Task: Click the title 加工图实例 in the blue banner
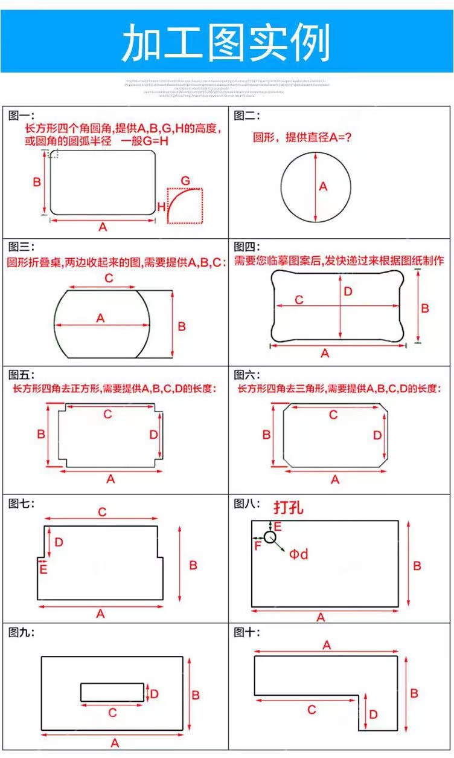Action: click(x=226, y=43)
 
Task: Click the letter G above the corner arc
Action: click(x=185, y=181)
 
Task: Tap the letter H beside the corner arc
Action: click(x=161, y=207)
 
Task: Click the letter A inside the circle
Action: click(x=323, y=187)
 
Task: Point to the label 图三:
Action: click(x=22, y=247)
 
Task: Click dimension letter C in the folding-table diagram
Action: click(x=109, y=279)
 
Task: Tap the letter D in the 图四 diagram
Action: click(x=348, y=291)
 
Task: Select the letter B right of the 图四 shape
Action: click(x=425, y=308)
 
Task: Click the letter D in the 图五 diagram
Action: click(x=153, y=435)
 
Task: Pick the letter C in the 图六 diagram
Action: click(x=333, y=415)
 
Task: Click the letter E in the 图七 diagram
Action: click(x=43, y=569)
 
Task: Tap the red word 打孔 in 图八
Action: click(x=288, y=508)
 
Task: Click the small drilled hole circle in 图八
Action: click(x=270, y=536)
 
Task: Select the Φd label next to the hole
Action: click(x=298, y=554)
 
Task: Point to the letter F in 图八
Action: click(x=258, y=546)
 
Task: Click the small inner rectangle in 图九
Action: click(x=112, y=692)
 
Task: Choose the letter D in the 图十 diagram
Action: click(x=373, y=714)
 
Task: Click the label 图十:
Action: click(x=247, y=632)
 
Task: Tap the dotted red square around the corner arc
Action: click(x=185, y=206)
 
